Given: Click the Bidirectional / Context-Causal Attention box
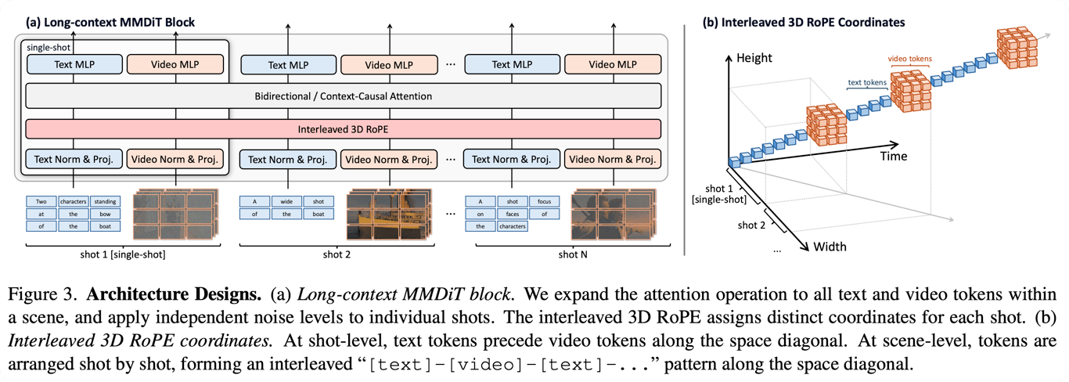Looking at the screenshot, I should pos(344,96).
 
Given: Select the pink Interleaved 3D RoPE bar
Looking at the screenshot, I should pos(344,128).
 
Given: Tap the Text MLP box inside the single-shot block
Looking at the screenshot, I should pos(74,64).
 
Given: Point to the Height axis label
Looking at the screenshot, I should pos(754,58).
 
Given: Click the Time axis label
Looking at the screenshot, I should pos(892,156).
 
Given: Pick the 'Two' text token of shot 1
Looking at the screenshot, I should pos(41,201).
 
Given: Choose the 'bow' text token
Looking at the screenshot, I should pos(104,226).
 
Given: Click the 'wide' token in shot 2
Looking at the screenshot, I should pos(286,201).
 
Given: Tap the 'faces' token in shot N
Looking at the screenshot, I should pos(512,214).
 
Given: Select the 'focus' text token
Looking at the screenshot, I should pos(544,201).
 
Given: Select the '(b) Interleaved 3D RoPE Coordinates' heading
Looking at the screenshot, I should pos(804,22).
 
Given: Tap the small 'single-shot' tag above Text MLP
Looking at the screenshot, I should pos(43,48).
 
